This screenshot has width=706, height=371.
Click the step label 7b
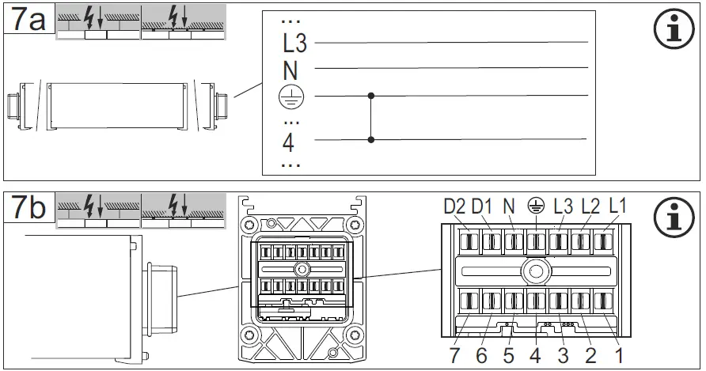(26, 208)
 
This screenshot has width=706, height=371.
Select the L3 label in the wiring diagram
(294, 42)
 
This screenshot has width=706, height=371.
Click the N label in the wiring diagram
(290, 70)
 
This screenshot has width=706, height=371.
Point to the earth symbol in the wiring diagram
(290, 97)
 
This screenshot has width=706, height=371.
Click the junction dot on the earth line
(372, 96)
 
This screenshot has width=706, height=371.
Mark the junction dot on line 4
(372, 140)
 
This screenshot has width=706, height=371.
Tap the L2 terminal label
(590, 207)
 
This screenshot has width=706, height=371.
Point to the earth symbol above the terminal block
(537, 207)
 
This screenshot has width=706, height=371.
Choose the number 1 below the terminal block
(620, 356)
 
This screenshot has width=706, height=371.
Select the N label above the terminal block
(509, 207)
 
